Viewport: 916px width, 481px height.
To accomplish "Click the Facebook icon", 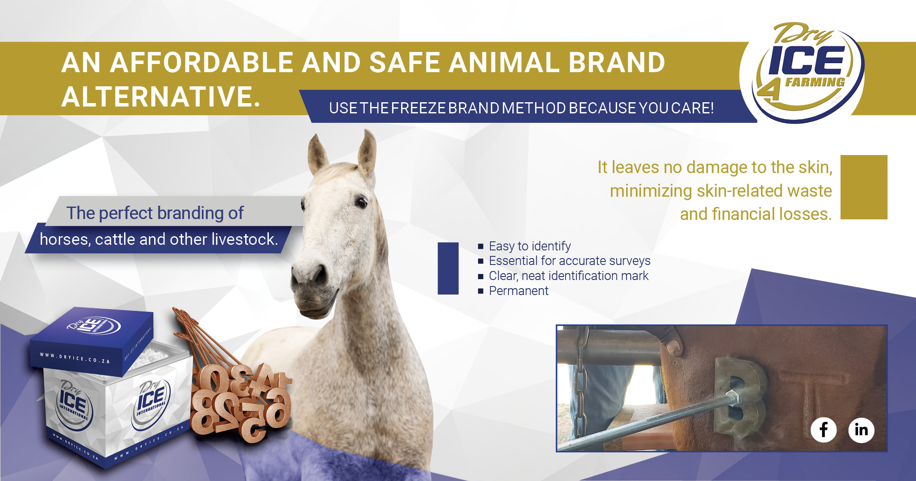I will point(823,429).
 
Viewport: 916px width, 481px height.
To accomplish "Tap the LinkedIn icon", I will point(861,429).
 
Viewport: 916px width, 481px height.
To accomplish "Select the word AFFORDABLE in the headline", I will point(202,63).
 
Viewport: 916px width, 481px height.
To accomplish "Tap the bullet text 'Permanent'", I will point(518,291).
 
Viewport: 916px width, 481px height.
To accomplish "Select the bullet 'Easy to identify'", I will point(530,246).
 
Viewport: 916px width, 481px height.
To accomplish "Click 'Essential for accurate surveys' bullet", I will point(569,261).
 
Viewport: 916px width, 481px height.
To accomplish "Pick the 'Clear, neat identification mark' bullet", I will point(568,276).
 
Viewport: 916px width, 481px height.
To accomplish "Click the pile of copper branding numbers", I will point(240,404).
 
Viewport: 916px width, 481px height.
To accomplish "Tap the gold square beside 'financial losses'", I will point(864,187).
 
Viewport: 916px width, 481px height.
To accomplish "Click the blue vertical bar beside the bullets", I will point(448,268).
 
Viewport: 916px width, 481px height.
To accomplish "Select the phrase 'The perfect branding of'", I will point(155,213).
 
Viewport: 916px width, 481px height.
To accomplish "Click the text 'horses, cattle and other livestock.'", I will point(158,239).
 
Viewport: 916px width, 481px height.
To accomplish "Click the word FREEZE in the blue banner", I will point(418,108).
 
